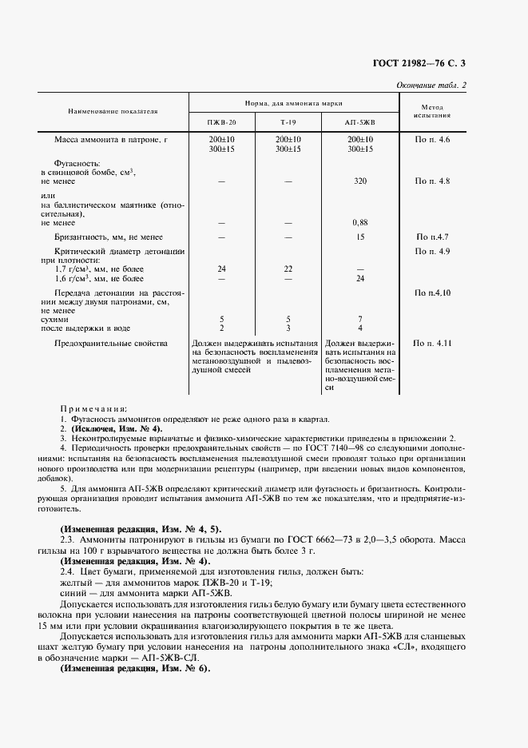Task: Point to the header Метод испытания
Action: [x=432, y=111]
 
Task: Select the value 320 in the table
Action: [x=359, y=181]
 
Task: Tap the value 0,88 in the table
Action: [x=359, y=222]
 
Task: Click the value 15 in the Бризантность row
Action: [x=360, y=237]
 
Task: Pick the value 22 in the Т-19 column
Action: [x=288, y=269]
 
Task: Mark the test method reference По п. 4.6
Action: [x=432, y=140]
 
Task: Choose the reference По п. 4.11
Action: [x=432, y=343]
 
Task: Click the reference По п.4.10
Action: [x=432, y=293]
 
